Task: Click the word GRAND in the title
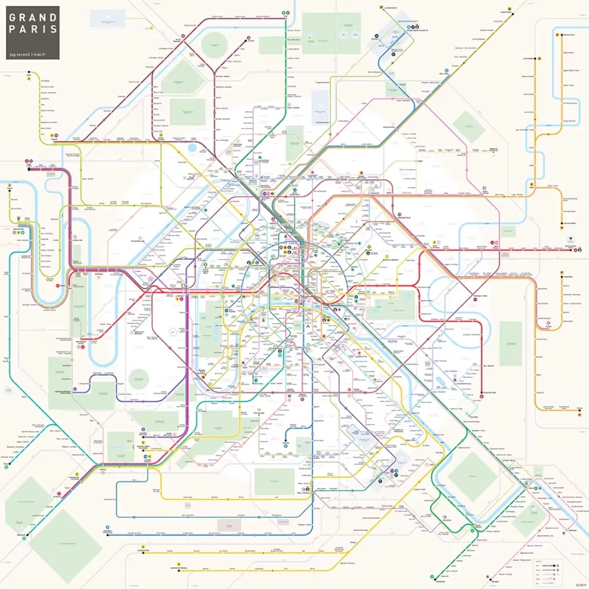33,17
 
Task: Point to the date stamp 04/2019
579,584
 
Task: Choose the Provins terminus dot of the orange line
563,224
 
